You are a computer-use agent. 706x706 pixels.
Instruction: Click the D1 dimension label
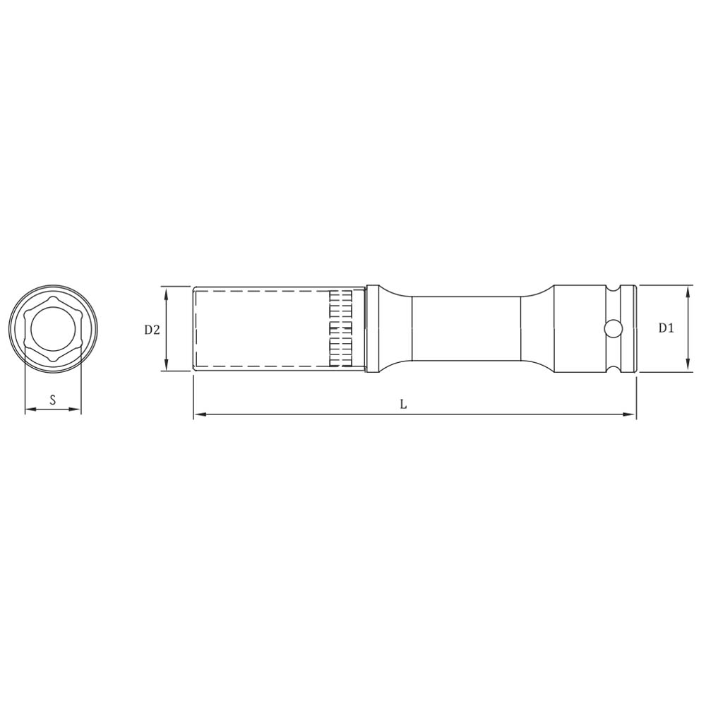[666, 328]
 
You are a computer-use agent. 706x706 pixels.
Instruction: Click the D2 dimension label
[152, 330]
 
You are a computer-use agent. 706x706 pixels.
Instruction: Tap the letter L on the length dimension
[404, 405]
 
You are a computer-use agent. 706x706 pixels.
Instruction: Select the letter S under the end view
[53, 400]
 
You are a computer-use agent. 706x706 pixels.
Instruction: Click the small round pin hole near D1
[612, 329]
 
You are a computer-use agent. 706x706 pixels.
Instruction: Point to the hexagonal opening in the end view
[53, 328]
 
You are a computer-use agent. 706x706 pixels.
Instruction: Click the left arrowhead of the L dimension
[200, 414]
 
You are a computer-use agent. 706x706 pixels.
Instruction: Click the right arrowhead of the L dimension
[630, 414]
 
